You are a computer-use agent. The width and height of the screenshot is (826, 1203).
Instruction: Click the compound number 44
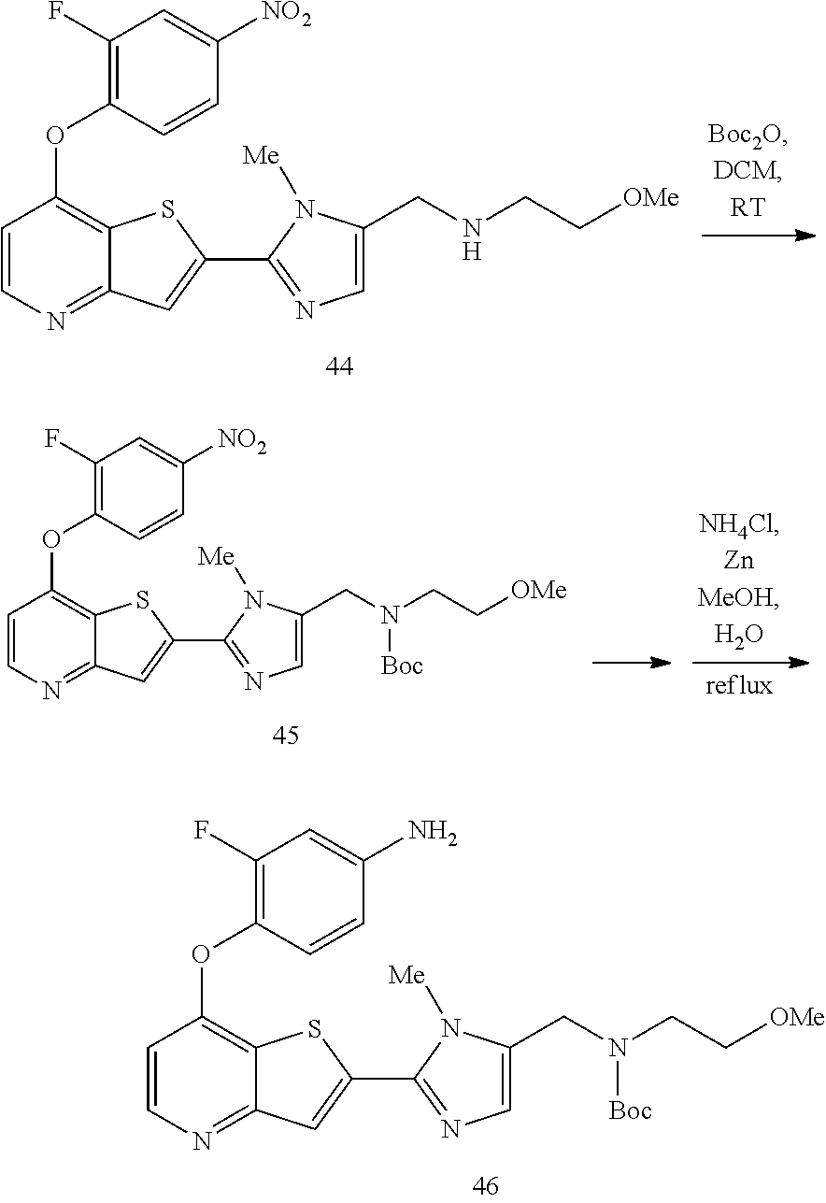pos(339,366)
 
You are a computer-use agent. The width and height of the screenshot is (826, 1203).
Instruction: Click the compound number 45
pos(285,736)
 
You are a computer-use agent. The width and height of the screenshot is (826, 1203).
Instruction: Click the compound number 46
pos(485,1184)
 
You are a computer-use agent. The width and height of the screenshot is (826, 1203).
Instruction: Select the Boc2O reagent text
pos(748,136)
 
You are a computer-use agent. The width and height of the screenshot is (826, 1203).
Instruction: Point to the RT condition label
pos(748,208)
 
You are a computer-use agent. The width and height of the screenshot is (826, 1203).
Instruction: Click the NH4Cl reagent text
pos(738,524)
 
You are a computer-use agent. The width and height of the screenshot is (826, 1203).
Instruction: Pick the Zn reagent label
pos(738,561)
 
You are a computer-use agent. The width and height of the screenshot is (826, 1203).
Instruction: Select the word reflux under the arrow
pos(739,685)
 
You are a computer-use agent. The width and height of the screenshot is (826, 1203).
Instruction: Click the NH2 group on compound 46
pos(433,833)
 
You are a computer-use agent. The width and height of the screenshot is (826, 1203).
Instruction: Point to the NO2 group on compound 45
pos(242,441)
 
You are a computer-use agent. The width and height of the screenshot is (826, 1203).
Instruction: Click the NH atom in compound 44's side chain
pos(472,239)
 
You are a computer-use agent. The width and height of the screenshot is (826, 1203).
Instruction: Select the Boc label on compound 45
pos(402,666)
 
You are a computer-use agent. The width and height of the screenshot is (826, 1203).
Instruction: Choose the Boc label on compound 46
pos(630,1111)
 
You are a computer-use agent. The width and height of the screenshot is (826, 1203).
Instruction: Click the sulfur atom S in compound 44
pos(168,210)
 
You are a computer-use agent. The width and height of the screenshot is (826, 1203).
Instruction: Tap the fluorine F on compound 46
pos(201,831)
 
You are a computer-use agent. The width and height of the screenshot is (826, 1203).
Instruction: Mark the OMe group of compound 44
pos(651,198)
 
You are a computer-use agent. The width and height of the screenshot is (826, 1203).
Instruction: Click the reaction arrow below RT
pos(759,236)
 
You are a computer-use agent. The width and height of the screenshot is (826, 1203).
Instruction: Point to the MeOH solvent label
pos(738,597)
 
